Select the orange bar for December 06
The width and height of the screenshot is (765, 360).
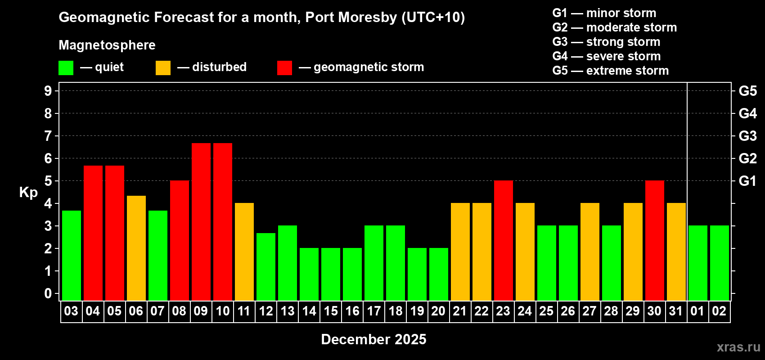point(136,248)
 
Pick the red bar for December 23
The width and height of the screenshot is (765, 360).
point(504,240)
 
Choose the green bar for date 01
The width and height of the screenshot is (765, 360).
point(698,263)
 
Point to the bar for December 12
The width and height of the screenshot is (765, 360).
point(266,266)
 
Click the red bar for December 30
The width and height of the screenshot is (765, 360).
point(655,240)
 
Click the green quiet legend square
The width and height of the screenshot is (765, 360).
point(66,68)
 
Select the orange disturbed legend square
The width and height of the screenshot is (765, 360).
point(163,68)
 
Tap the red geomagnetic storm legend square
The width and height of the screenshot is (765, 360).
point(285,68)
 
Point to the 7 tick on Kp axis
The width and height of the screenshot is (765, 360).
point(48,136)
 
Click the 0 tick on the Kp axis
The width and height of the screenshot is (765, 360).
point(48,294)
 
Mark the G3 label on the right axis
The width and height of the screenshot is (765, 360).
point(747,136)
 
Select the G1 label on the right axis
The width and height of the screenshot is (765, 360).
point(747,181)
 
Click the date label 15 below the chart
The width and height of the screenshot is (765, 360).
point(331,311)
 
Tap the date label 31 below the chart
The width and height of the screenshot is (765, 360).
point(676,311)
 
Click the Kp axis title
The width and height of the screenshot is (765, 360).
point(28,192)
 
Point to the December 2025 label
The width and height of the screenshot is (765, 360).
point(373,339)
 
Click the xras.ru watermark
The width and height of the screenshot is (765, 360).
point(738,347)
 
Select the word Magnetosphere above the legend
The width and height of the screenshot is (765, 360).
point(107,45)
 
